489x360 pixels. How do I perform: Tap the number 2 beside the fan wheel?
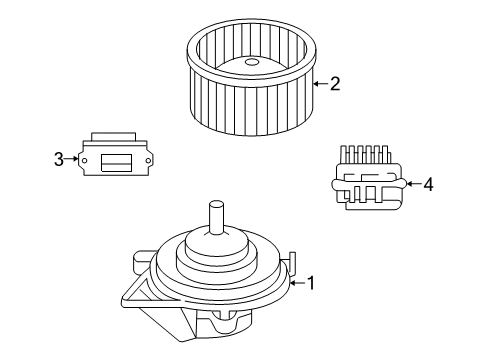click(335, 83)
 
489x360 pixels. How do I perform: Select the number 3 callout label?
click(59, 158)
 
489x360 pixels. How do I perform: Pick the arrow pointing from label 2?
click(320, 83)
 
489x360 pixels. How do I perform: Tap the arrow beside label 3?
click(72, 158)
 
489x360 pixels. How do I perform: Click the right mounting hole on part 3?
click(149, 159)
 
